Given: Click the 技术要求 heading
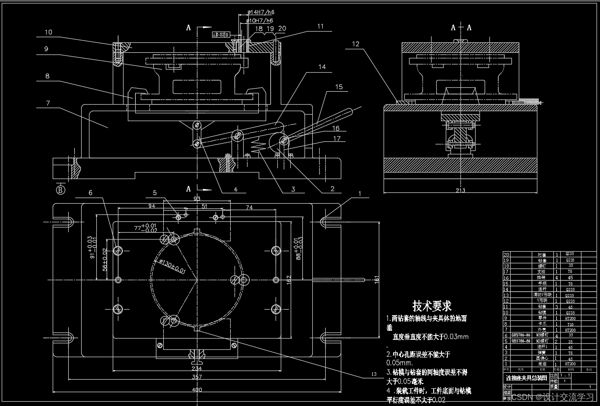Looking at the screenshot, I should (x=432, y=306).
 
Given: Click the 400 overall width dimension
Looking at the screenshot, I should (x=197, y=390).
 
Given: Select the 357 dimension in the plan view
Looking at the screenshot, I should (x=197, y=377).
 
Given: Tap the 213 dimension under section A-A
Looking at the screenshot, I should (x=460, y=191).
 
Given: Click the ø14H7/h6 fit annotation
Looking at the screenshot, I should (x=260, y=13).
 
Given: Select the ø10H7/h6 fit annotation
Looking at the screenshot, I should (x=260, y=20).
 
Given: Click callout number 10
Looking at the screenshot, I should (x=48, y=32).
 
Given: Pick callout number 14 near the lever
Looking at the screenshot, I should (x=322, y=67).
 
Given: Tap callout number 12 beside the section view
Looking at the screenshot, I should (x=356, y=44).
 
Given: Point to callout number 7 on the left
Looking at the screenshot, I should (x=48, y=103).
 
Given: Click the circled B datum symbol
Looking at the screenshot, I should (x=60, y=189).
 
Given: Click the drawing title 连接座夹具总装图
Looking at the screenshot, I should (x=526, y=378).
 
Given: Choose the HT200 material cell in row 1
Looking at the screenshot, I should (x=570, y=364).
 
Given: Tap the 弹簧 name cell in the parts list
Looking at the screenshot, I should (x=542, y=353).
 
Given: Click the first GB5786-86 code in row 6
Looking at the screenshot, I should (x=521, y=336).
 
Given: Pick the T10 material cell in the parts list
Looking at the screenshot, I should (x=570, y=324).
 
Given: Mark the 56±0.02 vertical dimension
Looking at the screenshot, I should (x=105, y=259).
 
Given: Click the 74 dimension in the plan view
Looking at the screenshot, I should (x=249, y=208).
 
